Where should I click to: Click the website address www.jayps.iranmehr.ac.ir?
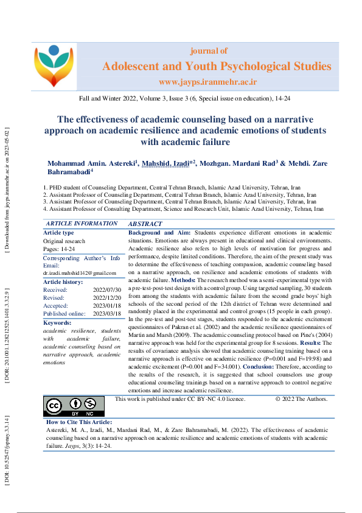point(208,81)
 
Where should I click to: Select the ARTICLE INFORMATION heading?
point(82,224)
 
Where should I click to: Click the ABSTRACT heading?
point(145,224)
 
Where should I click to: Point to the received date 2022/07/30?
point(107,290)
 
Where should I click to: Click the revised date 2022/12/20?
point(107,298)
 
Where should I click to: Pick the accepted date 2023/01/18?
point(107,306)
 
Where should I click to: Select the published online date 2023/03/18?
point(107,314)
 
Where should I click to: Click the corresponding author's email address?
point(80,273)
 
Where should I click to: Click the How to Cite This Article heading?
point(79,422)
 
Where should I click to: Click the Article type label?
point(58,233)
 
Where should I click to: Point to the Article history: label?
point(63,282)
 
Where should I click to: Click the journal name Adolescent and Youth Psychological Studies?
point(217,66)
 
